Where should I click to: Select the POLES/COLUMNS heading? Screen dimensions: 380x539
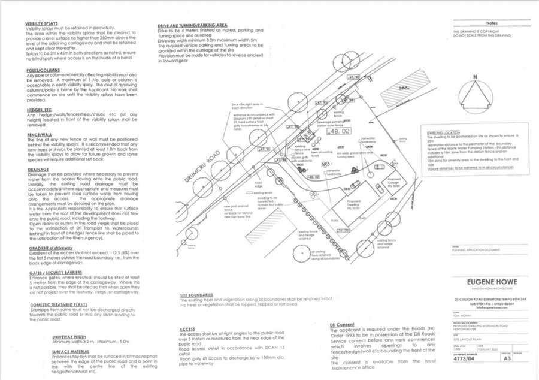(x=39, y=70)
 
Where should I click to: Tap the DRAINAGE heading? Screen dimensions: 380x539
(x=37, y=170)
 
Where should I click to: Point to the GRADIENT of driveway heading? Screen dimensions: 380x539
(x=50, y=248)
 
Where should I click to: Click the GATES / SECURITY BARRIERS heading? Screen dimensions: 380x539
(x=56, y=272)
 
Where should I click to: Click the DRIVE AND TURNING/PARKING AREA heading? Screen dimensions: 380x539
(x=200, y=26)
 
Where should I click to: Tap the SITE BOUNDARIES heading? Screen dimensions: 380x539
(x=197, y=295)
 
